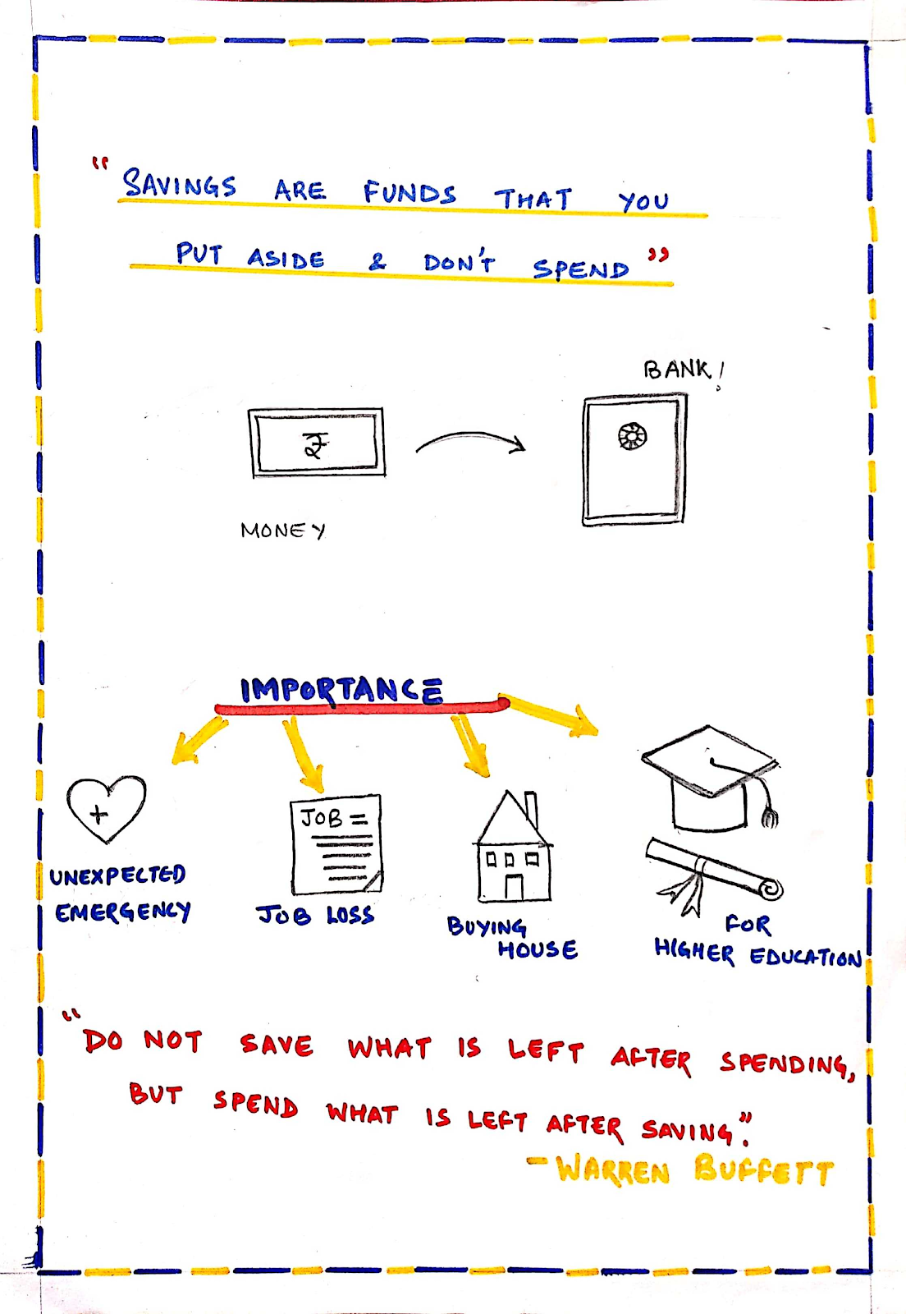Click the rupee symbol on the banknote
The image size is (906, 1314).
316,445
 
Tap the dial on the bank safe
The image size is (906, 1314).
633,436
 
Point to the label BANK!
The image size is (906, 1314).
684,370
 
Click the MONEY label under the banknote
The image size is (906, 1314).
283,531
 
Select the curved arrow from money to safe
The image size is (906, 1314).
469,434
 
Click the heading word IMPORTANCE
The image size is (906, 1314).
341,690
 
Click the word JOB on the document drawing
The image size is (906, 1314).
322,817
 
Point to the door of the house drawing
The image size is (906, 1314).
514,888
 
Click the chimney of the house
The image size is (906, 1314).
531,808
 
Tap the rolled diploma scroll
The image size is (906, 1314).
714,870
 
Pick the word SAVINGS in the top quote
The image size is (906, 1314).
180,184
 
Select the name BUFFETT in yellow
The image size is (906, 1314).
764,1170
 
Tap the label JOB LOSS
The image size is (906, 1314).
315,915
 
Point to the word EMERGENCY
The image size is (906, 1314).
122,912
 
